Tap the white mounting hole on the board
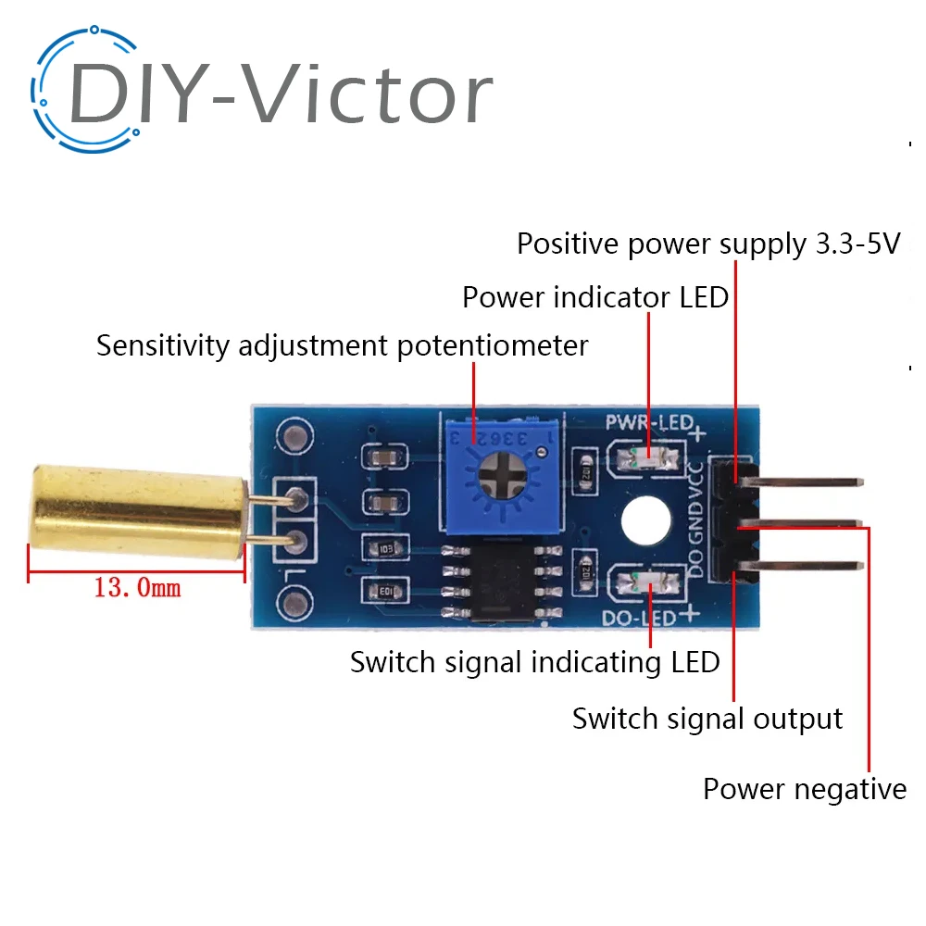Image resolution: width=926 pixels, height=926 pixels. tap(645, 519)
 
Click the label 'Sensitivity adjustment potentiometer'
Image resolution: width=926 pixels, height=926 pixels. tap(342, 346)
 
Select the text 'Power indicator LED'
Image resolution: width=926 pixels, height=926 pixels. tap(594, 298)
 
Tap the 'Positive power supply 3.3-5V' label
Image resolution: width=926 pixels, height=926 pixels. tap(708, 244)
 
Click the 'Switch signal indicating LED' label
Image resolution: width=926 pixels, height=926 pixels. tap(534, 662)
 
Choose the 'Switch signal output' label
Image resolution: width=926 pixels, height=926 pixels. tap(707, 719)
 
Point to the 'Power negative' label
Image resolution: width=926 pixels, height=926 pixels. tap(804, 789)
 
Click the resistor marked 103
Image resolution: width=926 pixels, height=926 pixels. tap(382, 548)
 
